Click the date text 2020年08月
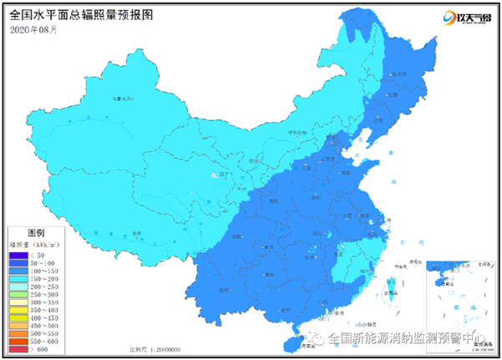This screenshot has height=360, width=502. pyautogui.click(x=34, y=29)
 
